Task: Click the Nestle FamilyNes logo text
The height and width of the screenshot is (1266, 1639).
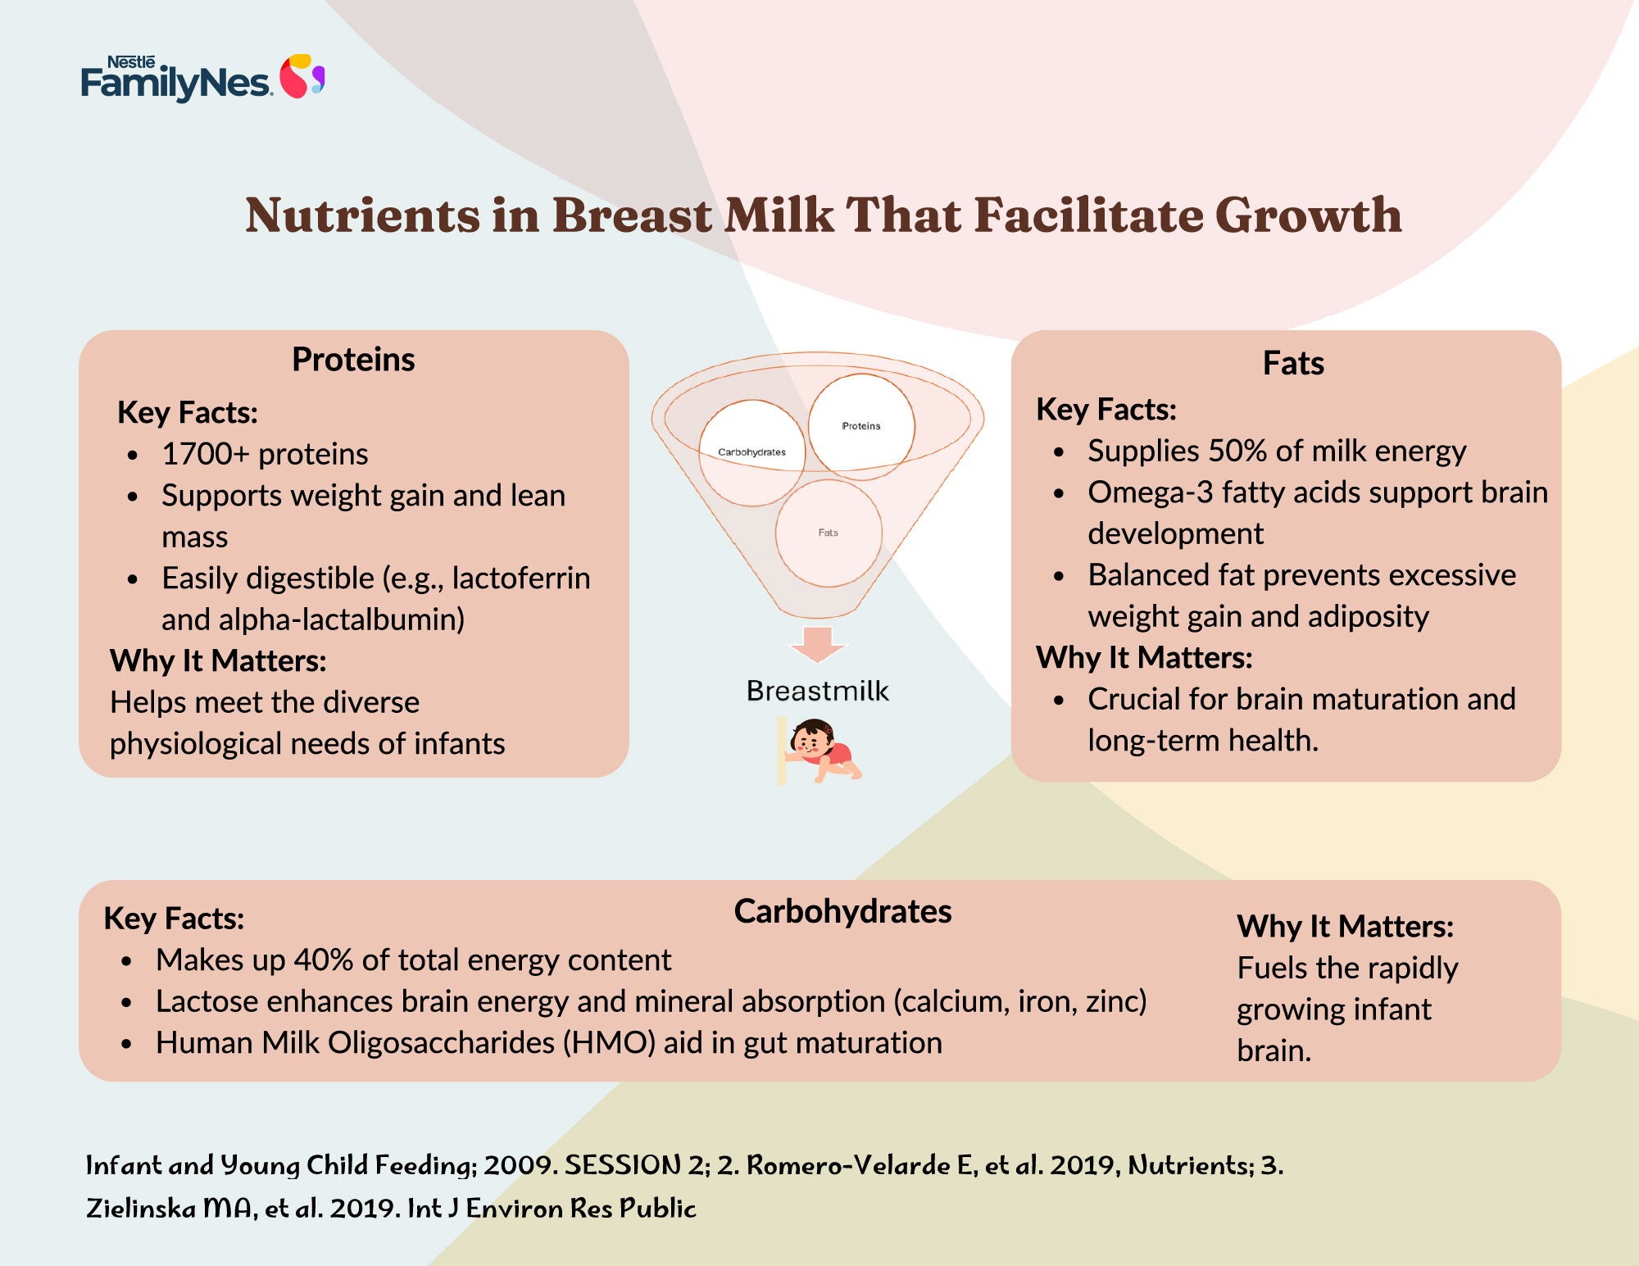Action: click(175, 79)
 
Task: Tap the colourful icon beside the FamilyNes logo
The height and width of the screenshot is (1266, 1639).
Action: click(302, 76)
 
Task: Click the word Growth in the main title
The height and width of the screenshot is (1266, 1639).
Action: click(1308, 216)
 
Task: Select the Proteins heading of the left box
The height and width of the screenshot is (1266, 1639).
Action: click(353, 360)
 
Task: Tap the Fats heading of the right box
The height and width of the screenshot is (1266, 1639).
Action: click(1293, 363)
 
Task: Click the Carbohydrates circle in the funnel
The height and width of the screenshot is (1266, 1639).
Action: click(751, 452)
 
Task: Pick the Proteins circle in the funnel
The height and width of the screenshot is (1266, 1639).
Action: click(861, 426)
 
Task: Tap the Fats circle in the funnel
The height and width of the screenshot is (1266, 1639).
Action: click(829, 533)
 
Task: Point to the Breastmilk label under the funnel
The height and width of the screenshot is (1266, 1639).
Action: click(817, 691)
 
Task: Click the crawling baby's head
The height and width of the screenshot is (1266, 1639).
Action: click(811, 737)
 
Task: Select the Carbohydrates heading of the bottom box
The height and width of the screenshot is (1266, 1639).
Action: click(842, 911)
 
